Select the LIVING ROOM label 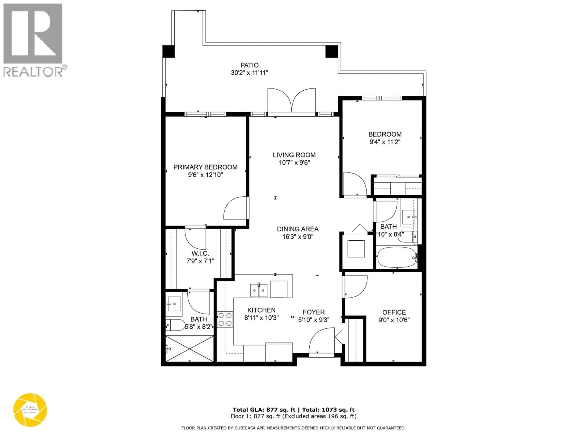294,155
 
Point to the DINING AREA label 297,229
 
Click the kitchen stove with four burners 225,319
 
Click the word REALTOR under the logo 32,72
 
